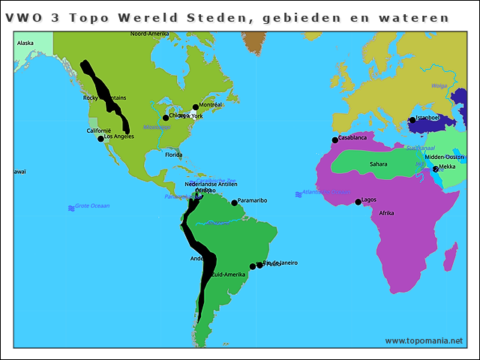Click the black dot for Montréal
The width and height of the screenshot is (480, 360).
pos(196,107)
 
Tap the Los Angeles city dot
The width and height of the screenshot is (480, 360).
pos(101,139)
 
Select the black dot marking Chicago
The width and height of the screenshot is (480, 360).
pos(166,118)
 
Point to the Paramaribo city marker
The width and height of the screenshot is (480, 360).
pos(234,202)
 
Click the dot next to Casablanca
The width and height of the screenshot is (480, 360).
pos(334,140)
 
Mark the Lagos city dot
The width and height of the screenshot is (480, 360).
pos(358,202)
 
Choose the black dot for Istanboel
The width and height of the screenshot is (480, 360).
pos(412,120)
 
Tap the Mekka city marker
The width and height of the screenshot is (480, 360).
pos(436,169)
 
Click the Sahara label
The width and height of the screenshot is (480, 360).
pos(379,163)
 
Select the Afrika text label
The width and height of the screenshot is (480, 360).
pos(386,213)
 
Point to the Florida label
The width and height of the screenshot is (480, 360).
pos(173,155)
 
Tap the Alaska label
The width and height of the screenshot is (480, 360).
pos(25,43)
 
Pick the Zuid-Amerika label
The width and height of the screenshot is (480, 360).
pos(229,274)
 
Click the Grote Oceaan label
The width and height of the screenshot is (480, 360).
pos(91,205)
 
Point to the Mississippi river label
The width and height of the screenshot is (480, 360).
pos(157,127)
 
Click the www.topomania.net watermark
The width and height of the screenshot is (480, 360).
pos(424,340)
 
